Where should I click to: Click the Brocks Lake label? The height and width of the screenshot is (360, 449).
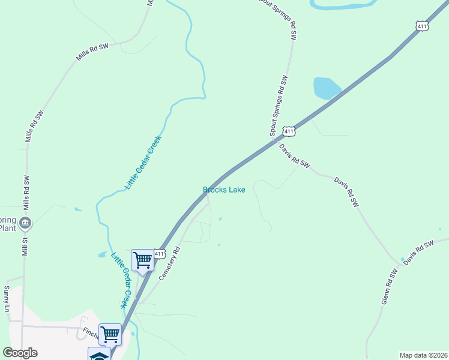click(x=224, y=190)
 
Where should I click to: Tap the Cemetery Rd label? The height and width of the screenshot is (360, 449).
click(x=169, y=264)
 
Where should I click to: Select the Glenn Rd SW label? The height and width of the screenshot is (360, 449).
click(x=390, y=286)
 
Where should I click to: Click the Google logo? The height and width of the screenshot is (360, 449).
click(x=20, y=352)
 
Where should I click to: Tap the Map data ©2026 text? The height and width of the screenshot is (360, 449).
click(x=423, y=355)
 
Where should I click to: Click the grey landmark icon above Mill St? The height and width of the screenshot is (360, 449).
click(x=25, y=223)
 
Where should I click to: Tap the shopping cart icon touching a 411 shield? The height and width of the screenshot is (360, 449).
click(x=143, y=260)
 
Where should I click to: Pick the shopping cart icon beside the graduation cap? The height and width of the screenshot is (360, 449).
click(x=110, y=334)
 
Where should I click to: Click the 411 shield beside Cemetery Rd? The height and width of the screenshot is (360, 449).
click(x=159, y=254)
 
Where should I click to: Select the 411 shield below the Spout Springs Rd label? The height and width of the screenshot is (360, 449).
click(x=289, y=131)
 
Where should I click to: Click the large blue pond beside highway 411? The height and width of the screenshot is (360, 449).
click(x=326, y=88)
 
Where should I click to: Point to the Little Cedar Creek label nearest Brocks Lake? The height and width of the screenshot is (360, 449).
click(x=143, y=163)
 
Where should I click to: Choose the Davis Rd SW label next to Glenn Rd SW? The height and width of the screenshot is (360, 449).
click(x=418, y=253)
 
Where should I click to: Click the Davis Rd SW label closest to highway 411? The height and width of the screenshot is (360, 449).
click(x=294, y=155)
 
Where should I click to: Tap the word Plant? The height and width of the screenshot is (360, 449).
click(x=7, y=228)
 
